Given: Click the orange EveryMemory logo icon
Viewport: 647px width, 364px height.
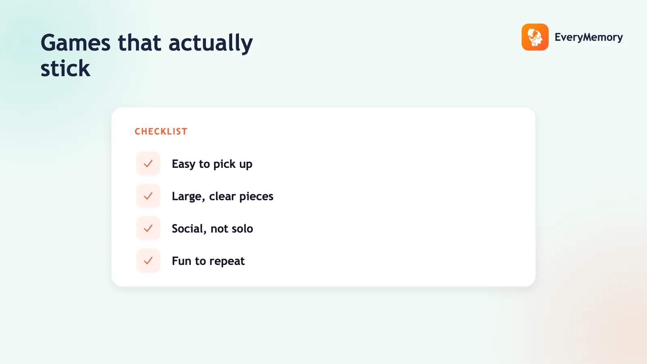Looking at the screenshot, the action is (535, 37).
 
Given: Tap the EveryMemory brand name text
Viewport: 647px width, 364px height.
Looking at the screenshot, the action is (589, 37).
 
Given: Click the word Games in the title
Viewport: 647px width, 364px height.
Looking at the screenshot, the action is (75, 43).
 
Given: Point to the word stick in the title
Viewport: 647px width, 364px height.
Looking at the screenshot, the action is (65, 68).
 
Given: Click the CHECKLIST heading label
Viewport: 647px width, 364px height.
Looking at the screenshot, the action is (161, 131).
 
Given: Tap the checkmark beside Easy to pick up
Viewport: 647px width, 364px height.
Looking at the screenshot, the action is (148, 163).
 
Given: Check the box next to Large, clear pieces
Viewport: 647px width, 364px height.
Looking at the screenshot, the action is (148, 196).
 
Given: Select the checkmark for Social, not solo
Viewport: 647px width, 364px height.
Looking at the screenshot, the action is (148, 228).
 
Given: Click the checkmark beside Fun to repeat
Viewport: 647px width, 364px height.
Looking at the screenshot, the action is (148, 260).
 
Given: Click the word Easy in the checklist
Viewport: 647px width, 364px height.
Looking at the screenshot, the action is (184, 164).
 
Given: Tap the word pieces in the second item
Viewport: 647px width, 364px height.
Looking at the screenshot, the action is (256, 197).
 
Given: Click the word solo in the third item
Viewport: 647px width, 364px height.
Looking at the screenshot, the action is (242, 229).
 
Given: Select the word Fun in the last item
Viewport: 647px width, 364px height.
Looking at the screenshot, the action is (181, 261).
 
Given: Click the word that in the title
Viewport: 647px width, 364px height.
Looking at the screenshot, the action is (140, 43).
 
